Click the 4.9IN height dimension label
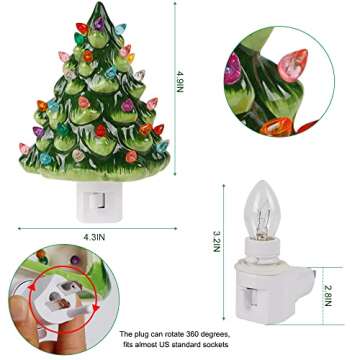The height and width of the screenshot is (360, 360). tap(180, 82)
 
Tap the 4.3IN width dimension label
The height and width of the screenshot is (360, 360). tap(94, 237)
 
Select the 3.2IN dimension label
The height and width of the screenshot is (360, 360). tap(217, 242)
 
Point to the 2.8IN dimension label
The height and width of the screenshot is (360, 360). tap(328, 295)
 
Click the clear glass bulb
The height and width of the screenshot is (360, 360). tap(261, 211)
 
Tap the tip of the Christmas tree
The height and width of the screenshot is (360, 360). tap(99, 3)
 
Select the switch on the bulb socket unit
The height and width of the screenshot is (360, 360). tap(251, 297)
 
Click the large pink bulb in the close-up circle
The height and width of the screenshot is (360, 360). tap(293, 64)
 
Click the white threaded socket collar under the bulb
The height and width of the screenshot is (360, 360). tap(262, 249)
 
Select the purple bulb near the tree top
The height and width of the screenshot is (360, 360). tap(99, 24)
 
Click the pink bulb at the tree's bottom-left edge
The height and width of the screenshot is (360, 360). tap(24, 148)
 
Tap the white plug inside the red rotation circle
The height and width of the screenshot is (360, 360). tap(64, 297)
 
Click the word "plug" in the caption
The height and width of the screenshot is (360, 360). tap(137, 334)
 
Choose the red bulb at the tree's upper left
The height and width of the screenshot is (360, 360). tap(82, 28)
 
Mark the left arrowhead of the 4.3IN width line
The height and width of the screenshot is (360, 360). tap(20, 229)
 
